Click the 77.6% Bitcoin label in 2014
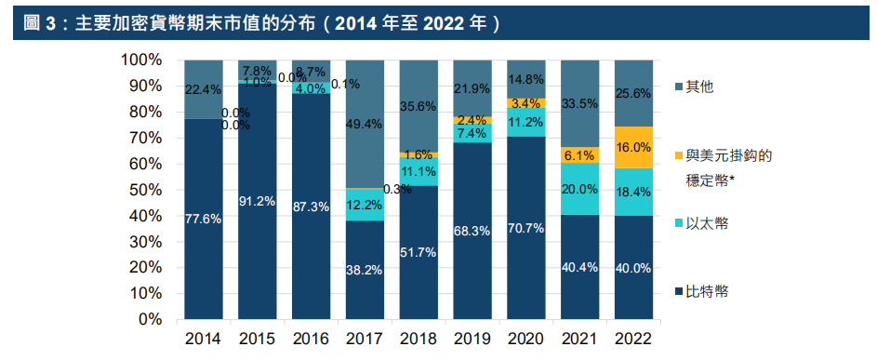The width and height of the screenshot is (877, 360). pyautogui.click(x=204, y=220)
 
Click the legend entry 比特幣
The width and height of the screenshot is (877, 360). pyautogui.click(x=708, y=292)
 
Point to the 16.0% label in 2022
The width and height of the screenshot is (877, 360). pyautogui.click(x=632, y=147)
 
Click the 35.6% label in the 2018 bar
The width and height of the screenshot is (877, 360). pyautogui.click(x=418, y=106)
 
